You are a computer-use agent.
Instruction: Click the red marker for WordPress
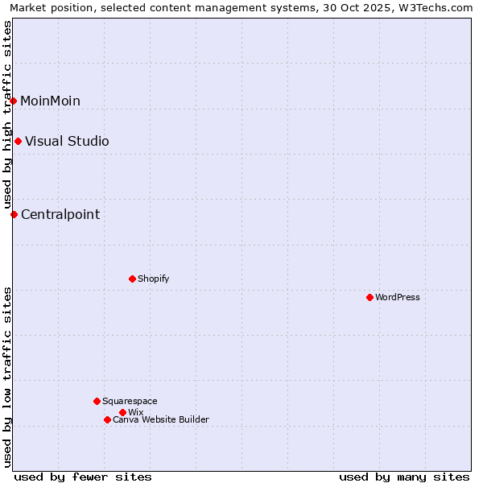369,297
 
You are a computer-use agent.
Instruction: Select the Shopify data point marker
132,279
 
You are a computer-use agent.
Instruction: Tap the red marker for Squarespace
97,401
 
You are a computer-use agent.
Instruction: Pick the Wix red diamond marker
122,412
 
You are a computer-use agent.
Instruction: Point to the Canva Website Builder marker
107,419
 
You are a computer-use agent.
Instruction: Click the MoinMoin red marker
14,101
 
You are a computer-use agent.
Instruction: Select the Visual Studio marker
18,141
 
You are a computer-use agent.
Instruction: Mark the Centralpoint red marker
14,214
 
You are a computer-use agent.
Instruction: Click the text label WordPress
398,297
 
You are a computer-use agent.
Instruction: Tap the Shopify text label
153,279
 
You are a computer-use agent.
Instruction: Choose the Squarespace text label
130,401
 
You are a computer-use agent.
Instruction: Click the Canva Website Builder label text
161,419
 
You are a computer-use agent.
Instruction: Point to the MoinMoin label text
50,101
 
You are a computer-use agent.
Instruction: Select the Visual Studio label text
67,141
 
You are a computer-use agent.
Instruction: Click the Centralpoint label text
60,214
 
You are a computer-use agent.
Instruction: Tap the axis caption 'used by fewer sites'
83,477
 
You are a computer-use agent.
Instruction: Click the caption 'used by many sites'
404,477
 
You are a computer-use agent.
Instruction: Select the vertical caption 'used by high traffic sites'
7,114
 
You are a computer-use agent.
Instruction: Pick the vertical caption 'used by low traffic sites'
7,377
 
